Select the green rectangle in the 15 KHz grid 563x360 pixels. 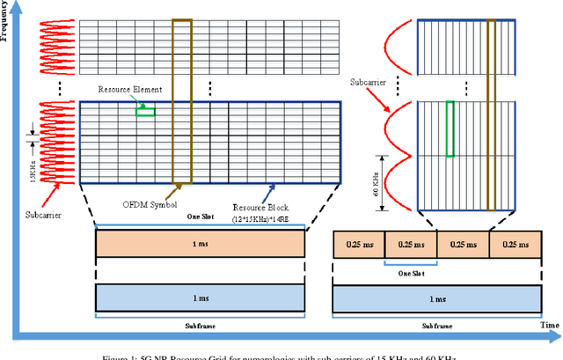[x=145, y=111]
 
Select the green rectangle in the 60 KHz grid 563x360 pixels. [x=450, y=129]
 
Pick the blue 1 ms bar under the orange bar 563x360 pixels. [x=201, y=299]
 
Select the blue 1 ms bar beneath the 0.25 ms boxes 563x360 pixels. [x=435, y=299]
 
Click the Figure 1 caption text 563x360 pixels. [x=281, y=355]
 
